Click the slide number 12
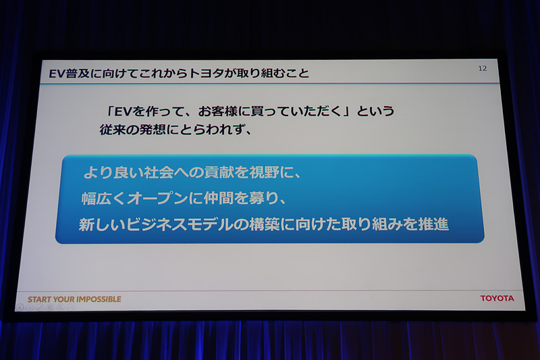pos(482,68)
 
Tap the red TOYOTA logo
pos(497,298)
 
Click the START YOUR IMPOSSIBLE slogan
pos(74,299)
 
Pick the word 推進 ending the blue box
pos(434,225)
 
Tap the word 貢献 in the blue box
pos(214,172)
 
